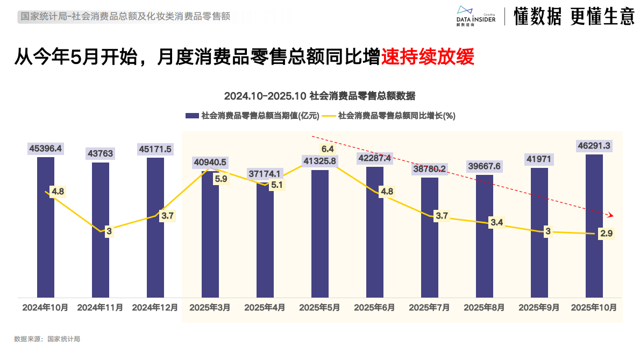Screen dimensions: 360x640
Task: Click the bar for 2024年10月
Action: coord(46,242)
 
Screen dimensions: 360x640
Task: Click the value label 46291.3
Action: coord(594,145)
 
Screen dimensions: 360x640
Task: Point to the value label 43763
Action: coord(101,153)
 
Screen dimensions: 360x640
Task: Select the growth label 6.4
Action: coord(328,149)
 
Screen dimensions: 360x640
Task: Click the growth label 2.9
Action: coord(607,233)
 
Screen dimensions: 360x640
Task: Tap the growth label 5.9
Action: coord(221,179)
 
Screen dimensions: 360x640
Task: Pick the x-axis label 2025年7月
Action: coord(429,308)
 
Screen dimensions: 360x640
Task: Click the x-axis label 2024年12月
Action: coord(155,308)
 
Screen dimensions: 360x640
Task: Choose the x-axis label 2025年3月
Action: coord(210,308)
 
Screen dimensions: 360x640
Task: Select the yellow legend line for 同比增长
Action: coord(329,116)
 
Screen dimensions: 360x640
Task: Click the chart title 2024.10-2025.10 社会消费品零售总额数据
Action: coord(319,96)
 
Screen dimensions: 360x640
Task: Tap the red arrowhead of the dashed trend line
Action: coord(610,214)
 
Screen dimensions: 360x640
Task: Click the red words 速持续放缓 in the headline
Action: coord(428,57)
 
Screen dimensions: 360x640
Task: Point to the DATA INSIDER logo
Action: coord(471,16)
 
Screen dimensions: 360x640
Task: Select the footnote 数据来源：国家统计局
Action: coord(47,339)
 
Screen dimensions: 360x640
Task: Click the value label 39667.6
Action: coord(484,166)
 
